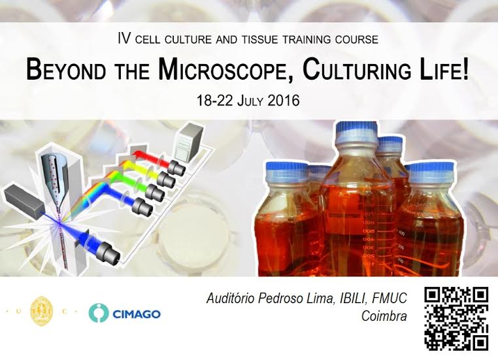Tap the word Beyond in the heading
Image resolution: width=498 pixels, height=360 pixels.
(x=66, y=69)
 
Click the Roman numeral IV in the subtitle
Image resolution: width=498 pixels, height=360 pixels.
(x=124, y=39)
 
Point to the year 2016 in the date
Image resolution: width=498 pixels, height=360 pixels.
(x=284, y=101)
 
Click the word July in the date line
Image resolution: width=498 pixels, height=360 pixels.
(x=250, y=101)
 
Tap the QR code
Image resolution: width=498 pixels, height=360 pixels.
(x=456, y=318)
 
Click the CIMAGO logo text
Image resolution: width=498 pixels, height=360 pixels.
(x=137, y=314)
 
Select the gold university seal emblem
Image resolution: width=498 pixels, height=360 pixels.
(x=41, y=312)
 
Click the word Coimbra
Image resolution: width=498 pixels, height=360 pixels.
(x=384, y=316)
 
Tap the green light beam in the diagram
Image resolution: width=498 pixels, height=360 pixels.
(x=127, y=181)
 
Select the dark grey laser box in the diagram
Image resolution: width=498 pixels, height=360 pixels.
(x=23, y=202)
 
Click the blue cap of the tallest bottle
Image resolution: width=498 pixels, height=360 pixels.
(x=357, y=130)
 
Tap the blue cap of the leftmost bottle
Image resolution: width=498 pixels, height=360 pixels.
(x=286, y=169)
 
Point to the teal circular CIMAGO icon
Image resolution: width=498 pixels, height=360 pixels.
(x=99, y=313)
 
